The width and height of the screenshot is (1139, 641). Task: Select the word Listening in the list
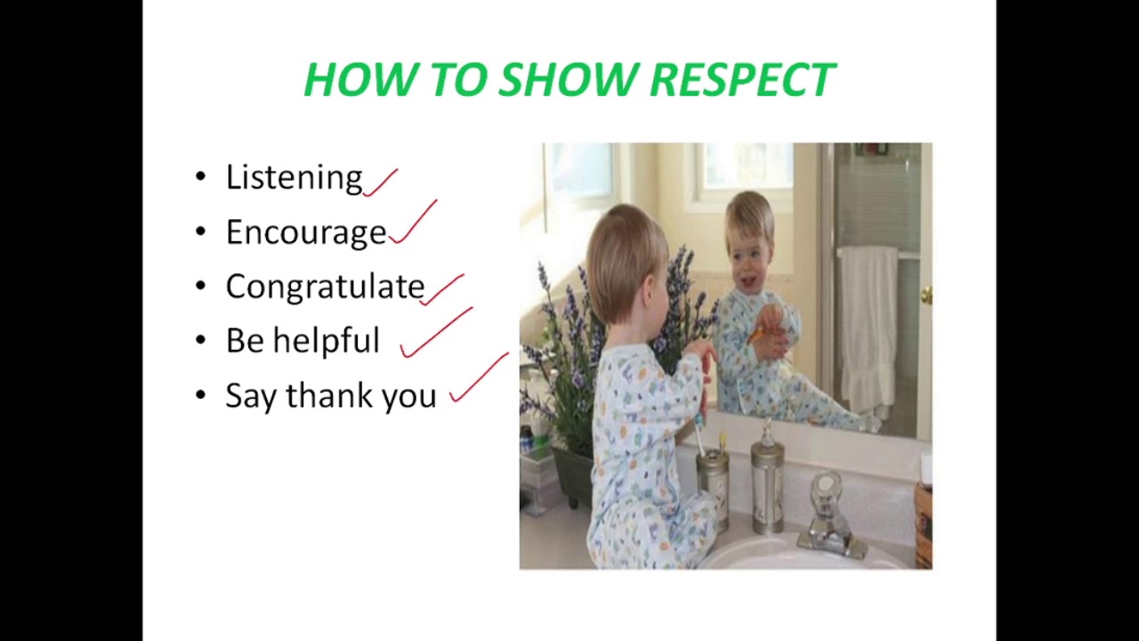pos(294,177)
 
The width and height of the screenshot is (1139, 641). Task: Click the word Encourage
pos(306,232)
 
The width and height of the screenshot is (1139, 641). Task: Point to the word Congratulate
pos(325,287)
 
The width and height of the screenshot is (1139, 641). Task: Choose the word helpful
pos(326,340)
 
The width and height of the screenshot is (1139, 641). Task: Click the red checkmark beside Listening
pos(380,182)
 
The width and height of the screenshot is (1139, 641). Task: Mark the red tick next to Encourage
pos(413,223)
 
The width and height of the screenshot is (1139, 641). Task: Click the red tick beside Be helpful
pos(435,333)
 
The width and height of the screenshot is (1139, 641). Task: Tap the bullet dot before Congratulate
pos(200,287)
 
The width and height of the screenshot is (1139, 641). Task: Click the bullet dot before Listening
pos(200,177)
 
